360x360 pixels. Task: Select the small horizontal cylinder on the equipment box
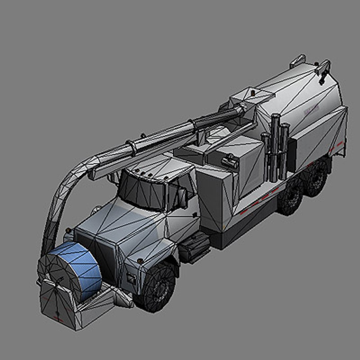pyautogui.click(x=230, y=162)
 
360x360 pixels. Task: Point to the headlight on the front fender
pyautogui.click(x=131, y=278)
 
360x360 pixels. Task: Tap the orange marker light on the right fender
pyautogui.click(x=140, y=261)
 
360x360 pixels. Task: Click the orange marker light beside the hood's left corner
pyautogui.click(x=68, y=230)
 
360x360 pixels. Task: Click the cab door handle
pyautogui.click(x=194, y=215)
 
